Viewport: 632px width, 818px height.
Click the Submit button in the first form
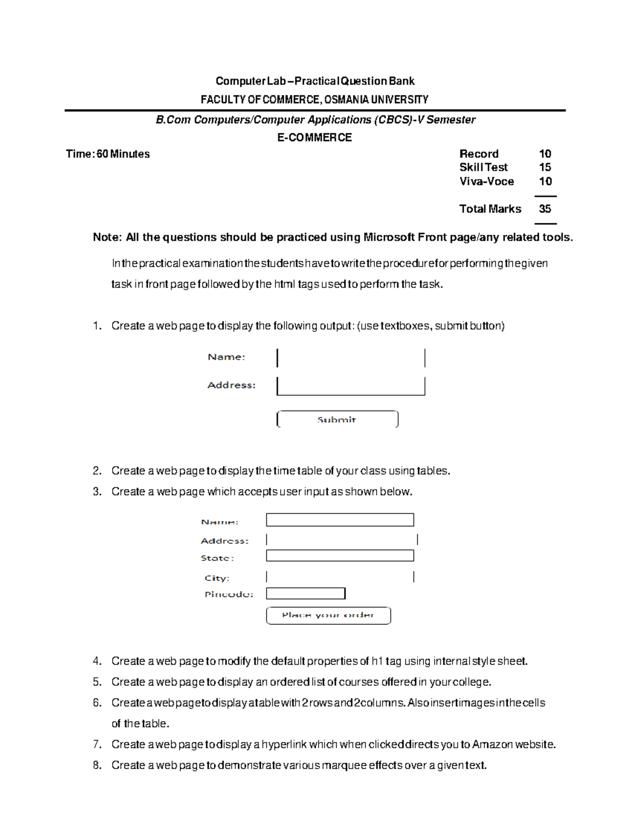coord(337,419)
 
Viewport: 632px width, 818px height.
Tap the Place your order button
coord(328,615)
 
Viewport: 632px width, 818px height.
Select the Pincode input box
coord(305,594)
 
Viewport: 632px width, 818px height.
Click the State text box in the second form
coord(340,556)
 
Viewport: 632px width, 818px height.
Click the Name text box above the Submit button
coord(350,358)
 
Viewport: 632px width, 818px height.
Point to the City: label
coord(217,578)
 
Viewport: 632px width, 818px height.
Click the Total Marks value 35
coord(545,209)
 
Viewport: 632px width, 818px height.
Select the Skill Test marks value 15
coord(545,167)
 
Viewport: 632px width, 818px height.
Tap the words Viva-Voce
coord(486,181)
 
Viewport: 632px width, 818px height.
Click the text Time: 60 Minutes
coord(107,154)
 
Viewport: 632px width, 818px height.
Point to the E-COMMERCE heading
coord(314,137)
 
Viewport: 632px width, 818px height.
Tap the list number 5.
coord(97,682)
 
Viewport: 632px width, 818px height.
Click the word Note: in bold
coord(107,237)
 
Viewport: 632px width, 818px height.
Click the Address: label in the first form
coord(231,385)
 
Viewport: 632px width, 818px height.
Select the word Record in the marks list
coord(479,154)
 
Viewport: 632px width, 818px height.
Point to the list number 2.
coord(97,470)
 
